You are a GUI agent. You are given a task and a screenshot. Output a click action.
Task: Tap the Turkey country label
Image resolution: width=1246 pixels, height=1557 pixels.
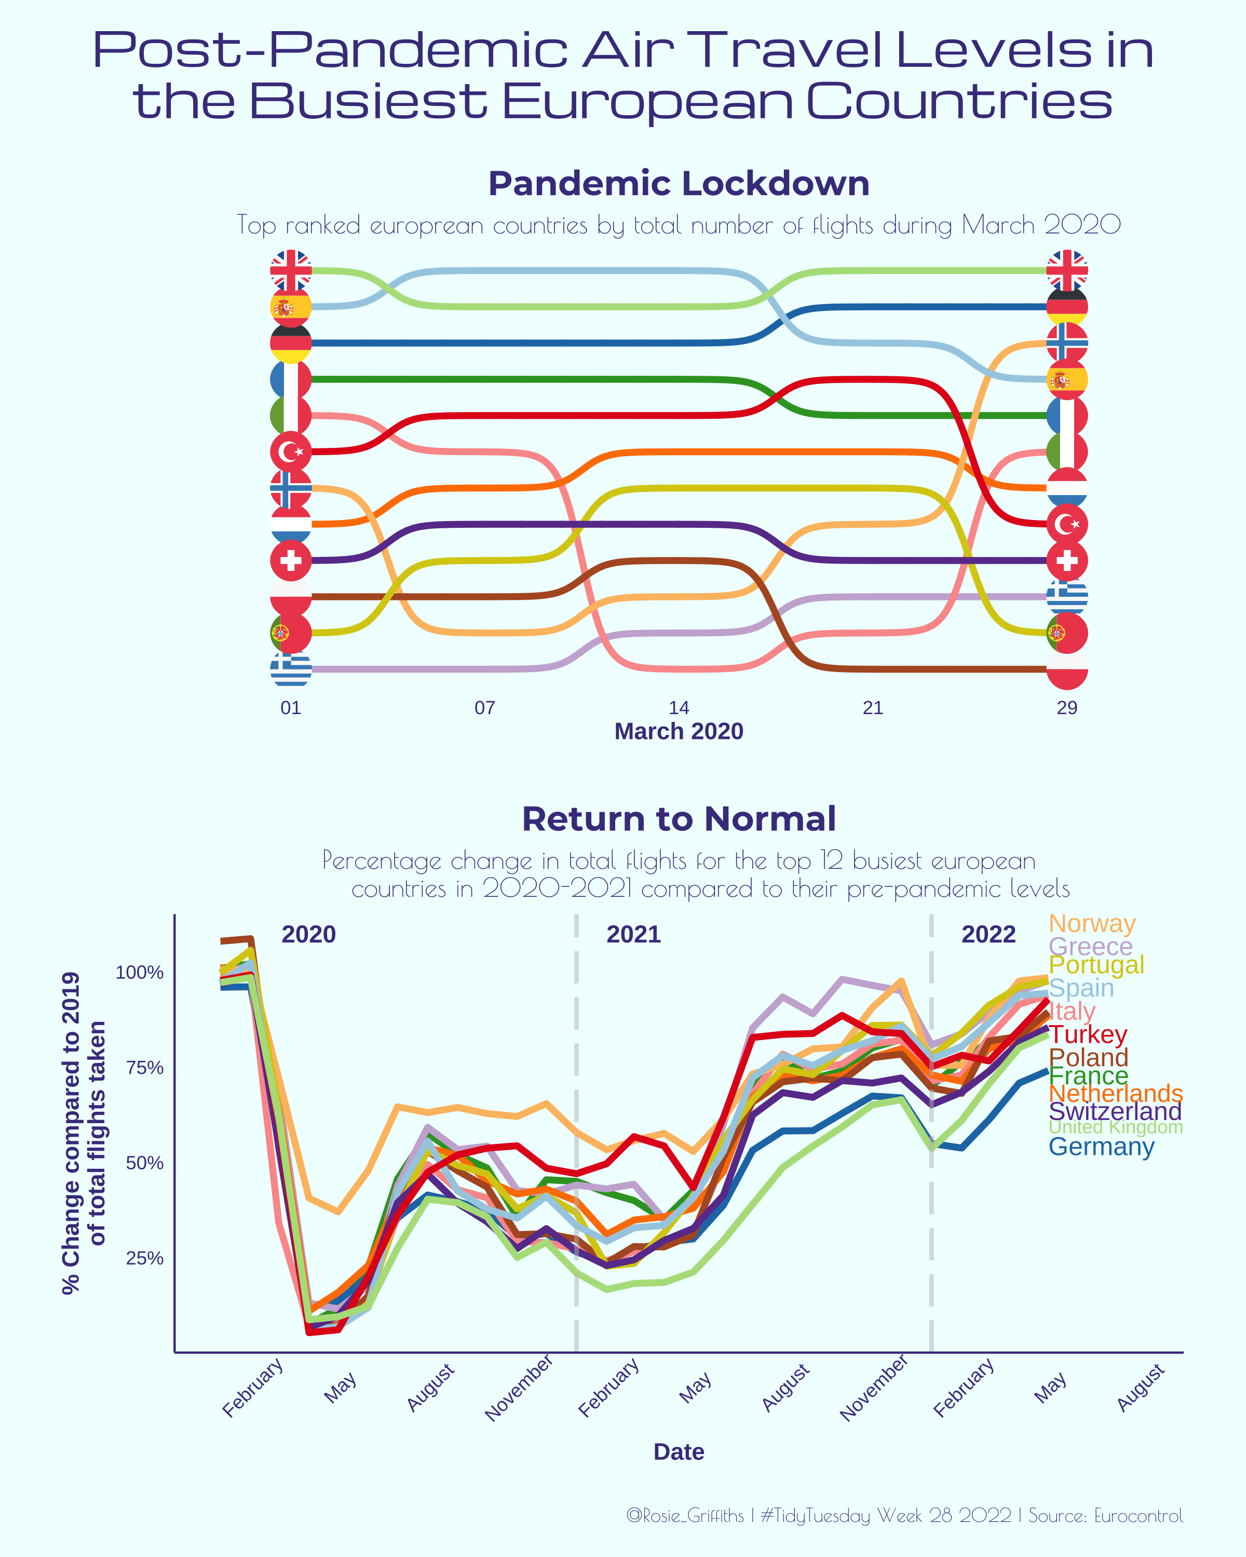pos(1087,1034)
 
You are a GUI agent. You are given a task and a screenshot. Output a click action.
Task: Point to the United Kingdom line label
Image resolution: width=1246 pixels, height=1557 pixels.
pos(1115,1127)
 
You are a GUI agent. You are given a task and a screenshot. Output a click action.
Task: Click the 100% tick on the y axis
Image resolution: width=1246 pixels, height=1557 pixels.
pos(140,973)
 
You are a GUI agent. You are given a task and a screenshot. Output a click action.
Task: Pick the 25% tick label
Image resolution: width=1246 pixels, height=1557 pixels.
pos(144,1258)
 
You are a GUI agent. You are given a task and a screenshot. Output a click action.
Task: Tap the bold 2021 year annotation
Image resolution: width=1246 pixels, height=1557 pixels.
pos(633,935)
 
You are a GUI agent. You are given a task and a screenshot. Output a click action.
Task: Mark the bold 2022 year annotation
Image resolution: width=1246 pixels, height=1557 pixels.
pos(988,935)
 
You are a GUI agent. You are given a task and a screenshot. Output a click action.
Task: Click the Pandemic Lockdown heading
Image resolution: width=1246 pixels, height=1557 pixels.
pos(679,183)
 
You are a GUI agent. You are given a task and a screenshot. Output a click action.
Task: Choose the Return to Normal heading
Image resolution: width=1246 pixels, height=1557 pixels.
pos(679,819)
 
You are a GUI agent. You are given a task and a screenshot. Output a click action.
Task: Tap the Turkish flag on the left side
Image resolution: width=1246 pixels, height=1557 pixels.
pos(290,452)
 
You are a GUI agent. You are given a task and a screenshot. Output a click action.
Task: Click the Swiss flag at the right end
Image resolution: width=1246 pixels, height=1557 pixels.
pos(1067,561)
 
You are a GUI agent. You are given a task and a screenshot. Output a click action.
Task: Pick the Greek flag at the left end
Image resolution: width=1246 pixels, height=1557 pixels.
pos(290,668)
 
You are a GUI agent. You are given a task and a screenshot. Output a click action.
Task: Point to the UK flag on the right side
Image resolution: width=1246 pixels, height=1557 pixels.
pos(1067,270)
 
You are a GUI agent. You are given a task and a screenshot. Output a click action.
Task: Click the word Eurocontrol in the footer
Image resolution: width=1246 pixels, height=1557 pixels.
pos(1139,1515)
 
